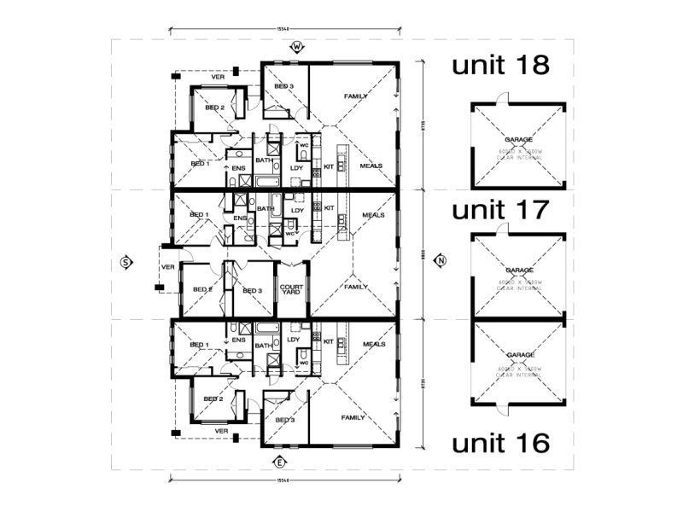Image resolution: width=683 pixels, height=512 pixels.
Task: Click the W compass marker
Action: [297, 46]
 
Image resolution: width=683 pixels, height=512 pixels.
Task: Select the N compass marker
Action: [441, 260]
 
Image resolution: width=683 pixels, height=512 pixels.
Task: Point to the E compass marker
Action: [279, 463]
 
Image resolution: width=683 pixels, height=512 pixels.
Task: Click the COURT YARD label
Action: [289, 290]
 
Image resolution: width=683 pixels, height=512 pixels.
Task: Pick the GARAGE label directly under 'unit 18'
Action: [519, 138]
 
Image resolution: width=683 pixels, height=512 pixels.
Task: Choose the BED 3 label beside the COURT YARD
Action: [251, 291]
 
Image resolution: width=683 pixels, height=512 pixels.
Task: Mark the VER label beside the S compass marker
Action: [168, 266]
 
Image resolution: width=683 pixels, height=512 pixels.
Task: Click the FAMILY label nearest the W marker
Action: [356, 97]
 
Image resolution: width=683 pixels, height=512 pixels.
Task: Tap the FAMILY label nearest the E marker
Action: [353, 417]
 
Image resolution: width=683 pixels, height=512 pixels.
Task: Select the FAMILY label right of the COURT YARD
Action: [355, 288]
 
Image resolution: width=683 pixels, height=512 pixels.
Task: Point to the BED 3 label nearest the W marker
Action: [284, 87]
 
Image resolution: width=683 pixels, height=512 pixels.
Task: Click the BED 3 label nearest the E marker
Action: [284, 421]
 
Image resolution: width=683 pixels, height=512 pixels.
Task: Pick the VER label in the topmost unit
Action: [218, 77]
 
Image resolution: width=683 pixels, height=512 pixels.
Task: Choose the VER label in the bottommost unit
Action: [221, 431]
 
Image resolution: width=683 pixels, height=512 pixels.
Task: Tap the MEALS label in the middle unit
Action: [372, 215]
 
